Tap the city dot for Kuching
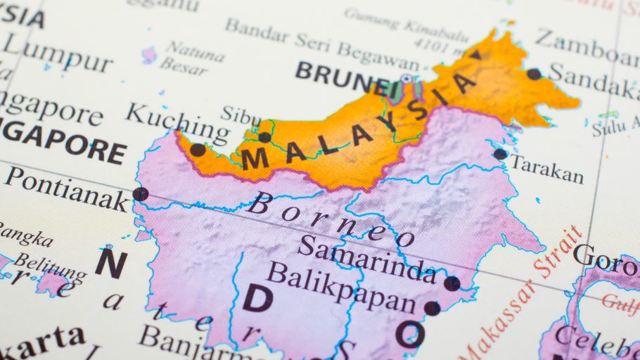click(198, 150)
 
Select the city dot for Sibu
click(264, 137)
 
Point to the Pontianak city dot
click(140, 194)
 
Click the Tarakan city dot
click(500, 154)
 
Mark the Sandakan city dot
click(534, 74)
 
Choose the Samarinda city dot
click(452, 283)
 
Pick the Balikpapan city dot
click(432, 308)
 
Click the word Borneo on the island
click(331, 220)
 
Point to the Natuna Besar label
click(186, 56)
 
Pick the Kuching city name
click(177, 122)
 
